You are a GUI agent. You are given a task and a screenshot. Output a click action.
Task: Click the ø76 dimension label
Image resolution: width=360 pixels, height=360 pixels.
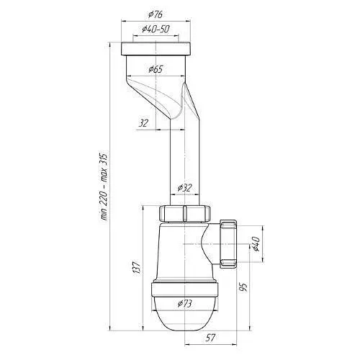point(156,14)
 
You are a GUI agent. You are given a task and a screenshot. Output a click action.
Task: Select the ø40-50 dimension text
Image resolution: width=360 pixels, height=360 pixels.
point(156,29)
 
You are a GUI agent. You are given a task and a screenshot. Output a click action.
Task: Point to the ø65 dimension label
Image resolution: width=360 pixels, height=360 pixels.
point(156,69)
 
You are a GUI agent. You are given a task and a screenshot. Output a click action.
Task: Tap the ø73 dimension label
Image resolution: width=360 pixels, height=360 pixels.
point(185,304)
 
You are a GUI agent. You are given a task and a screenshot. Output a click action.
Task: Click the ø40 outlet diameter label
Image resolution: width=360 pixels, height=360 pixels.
point(256,243)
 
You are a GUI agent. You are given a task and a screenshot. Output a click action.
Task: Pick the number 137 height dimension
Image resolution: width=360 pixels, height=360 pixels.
point(136,267)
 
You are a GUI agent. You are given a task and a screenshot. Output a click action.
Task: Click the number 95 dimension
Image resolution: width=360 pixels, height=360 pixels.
point(243,287)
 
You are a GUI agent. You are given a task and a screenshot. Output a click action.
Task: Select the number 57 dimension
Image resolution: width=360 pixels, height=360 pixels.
point(210,338)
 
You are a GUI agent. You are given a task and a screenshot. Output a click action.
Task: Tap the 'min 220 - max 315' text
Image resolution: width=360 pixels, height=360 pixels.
point(104,186)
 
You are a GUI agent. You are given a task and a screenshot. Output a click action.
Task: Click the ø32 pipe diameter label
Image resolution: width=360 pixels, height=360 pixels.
point(185,188)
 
